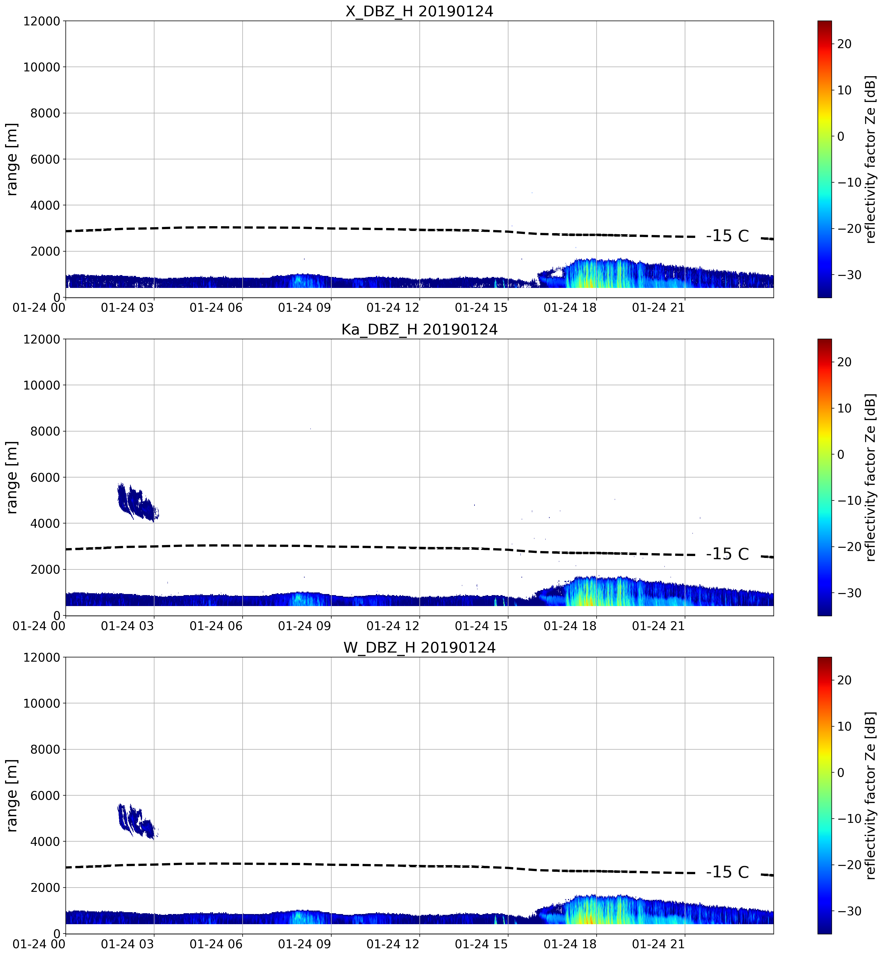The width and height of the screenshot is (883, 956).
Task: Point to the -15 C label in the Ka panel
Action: pyautogui.click(x=727, y=554)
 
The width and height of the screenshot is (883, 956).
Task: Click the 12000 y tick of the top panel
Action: pyautogui.click(x=42, y=21)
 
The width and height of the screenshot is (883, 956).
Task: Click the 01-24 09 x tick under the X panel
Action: pyautogui.click(x=304, y=308)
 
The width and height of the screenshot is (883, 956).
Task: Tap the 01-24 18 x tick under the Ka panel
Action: pyautogui.click(x=570, y=626)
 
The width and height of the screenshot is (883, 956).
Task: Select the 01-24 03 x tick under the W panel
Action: pyautogui.click(x=128, y=944)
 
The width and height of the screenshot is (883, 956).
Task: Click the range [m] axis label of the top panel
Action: pyautogui.click(x=12, y=159)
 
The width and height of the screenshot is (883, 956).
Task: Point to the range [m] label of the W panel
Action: pyautogui.click(x=12, y=795)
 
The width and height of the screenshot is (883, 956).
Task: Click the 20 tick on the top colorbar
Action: pyautogui.click(x=844, y=44)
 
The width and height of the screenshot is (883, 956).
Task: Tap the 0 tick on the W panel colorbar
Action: pyautogui.click(x=841, y=772)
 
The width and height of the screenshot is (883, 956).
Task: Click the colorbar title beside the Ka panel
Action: pyautogui.click(x=871, y=477)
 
